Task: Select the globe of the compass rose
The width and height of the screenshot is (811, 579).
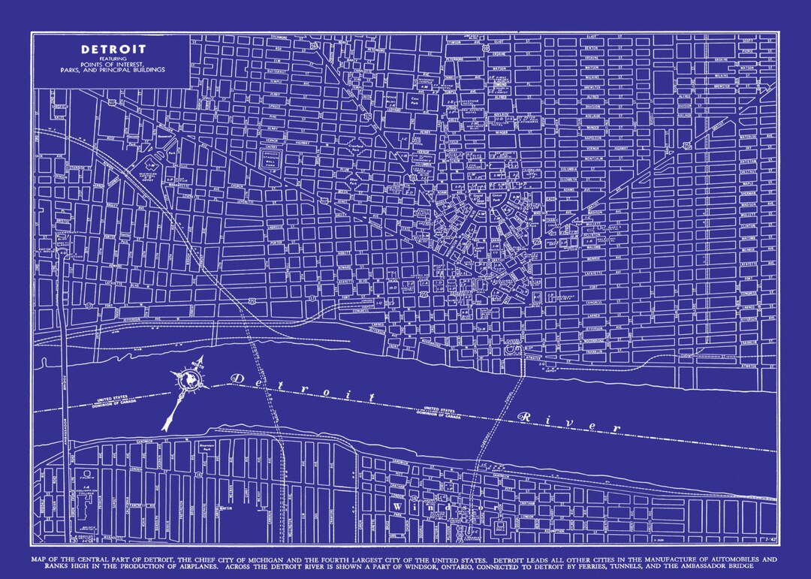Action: tap(191, 381)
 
